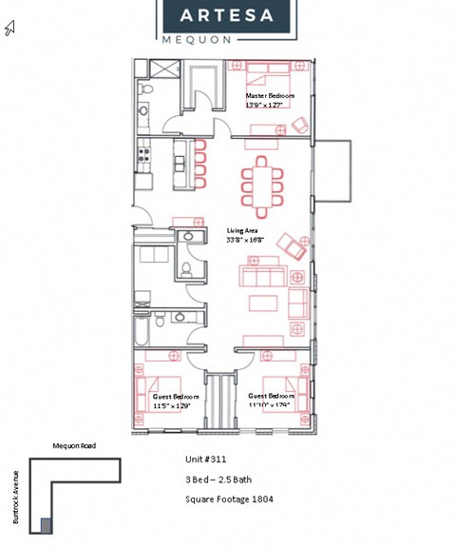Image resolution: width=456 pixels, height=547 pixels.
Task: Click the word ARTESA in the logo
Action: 226,15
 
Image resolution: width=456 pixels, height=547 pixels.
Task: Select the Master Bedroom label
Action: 270,96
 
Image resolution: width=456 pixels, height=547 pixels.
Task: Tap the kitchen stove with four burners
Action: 143,152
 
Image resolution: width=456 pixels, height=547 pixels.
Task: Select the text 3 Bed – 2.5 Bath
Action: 218,479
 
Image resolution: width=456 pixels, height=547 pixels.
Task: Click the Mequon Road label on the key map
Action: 73,445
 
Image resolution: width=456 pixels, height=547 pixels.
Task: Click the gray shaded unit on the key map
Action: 46,525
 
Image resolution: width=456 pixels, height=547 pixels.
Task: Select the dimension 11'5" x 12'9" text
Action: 171,405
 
